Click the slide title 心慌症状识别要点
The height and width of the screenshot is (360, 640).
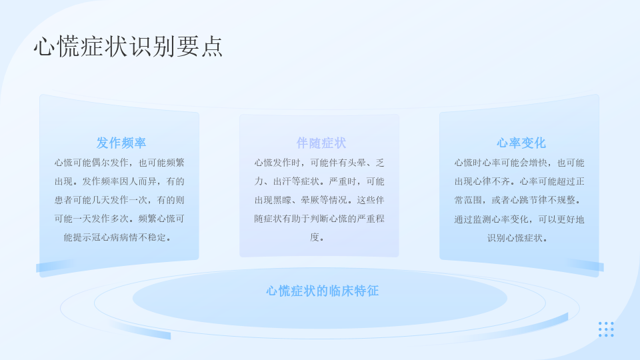(128, 46)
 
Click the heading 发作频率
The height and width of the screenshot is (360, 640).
(121, 143)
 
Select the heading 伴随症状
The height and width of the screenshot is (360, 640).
(321, 143)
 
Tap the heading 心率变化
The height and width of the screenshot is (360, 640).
(521, 143)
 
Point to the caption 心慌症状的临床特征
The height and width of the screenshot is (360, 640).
(323, 291)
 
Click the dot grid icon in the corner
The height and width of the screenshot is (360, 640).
(606, 329)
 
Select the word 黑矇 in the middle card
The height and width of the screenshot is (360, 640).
(282, 201)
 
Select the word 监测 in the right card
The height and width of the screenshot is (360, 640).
(482, 219)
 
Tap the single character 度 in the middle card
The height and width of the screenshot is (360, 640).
(314, 237)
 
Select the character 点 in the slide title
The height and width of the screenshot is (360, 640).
(212, 46)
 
